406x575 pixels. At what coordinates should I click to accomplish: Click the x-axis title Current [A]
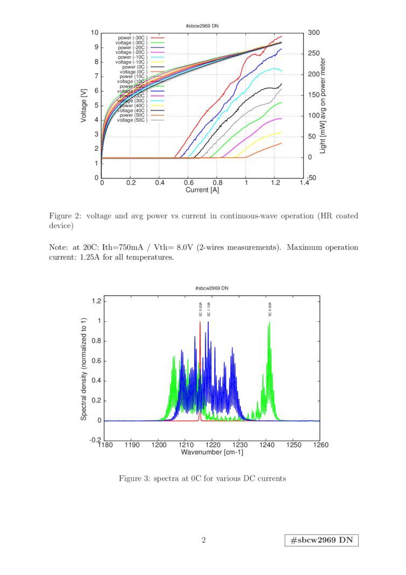coord(202,190)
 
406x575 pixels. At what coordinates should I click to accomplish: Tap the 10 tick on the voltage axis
coord(95,32)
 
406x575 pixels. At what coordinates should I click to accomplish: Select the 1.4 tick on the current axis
coord(304,183)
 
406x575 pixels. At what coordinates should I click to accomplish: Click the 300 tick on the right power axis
coord(313,32)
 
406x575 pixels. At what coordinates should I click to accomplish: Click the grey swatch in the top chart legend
coord(157,120)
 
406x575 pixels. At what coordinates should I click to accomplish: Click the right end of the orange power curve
coord(281,143)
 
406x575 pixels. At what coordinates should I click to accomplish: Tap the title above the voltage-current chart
coord(202,25)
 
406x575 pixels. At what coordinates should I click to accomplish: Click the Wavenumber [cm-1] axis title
coord(213,452)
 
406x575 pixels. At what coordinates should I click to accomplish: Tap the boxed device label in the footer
coord(321,541)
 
